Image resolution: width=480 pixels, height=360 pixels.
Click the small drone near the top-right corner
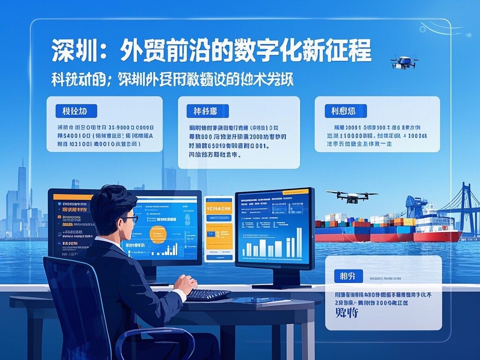pos(404,61)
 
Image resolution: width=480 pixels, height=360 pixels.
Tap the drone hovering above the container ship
pos(352,196)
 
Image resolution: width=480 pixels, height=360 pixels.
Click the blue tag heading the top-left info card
pos(76,111)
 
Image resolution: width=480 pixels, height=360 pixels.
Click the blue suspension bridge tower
pos(465,206)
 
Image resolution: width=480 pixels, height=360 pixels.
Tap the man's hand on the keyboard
pos(186,284)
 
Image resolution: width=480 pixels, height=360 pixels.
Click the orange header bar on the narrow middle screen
pos(219,200)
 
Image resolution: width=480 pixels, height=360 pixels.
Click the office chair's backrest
pos(75,300)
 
